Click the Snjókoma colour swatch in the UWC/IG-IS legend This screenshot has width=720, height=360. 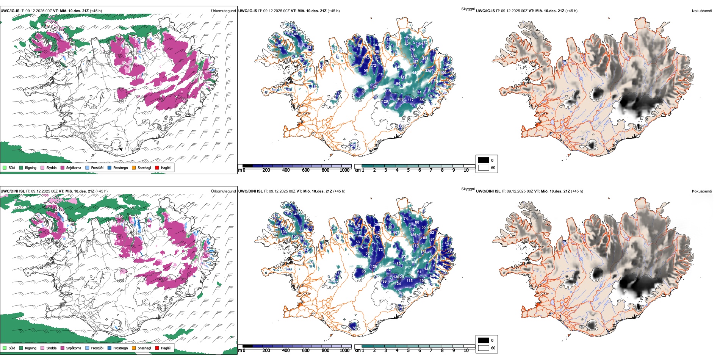click(x=63, y=167)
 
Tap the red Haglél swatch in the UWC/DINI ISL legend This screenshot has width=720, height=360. click(x=157, y=348)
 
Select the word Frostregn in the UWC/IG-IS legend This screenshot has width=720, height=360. click(x=120, y=167)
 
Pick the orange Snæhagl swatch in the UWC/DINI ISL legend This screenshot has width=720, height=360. click(x=134, y=348)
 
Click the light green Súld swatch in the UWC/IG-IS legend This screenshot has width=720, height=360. click(x=5, y=167)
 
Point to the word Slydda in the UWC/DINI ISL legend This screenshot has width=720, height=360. click(x=51, y=348)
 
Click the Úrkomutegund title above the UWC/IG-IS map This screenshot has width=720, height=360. click(x=223, y=11)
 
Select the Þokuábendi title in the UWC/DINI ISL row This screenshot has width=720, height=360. click(x=702, y=191)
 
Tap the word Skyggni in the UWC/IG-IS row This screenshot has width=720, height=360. click(x=468, y=9)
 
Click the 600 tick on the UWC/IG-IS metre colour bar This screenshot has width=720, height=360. click(x=306, y=170)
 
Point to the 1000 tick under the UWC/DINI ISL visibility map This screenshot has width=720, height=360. click(x=344, y=351)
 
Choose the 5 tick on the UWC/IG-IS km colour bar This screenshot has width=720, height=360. click(x=408, y=170)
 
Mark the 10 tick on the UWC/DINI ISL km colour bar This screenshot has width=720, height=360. click(x=466, y=351)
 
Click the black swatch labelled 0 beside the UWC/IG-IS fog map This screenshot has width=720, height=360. click(x=484, y=160)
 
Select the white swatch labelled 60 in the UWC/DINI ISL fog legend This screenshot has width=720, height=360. click(x=484, y=348)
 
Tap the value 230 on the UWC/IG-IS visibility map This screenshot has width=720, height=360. click(x=413, y=56)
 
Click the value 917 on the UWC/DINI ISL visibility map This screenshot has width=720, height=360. click(x=408, y=268)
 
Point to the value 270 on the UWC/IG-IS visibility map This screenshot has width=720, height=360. click(x=428, y=70)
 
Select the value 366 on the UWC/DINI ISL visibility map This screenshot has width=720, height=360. click(x=414, y=262)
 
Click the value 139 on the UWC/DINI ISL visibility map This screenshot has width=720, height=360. click(x=374, y=267)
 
